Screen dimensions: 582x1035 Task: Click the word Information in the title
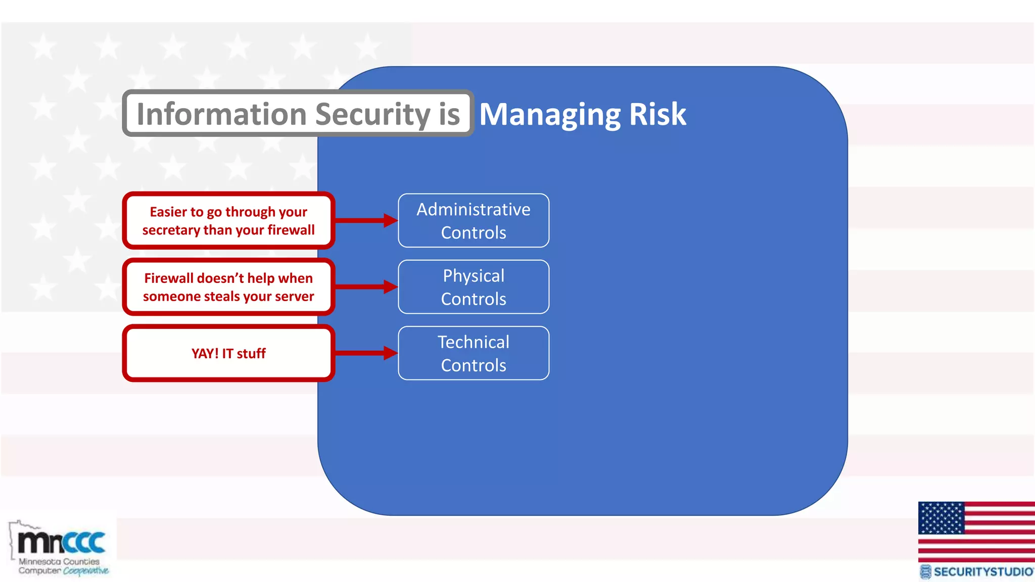click(x=221, y=114)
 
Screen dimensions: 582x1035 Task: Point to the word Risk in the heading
click(x=657, y=114)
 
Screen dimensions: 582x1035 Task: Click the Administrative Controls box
click(x=474, y=221)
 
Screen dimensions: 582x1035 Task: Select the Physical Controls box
click(x=474, y=287)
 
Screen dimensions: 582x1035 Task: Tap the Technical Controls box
click(x=474, y=353)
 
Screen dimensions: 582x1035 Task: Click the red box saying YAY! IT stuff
click(x=228, y=353)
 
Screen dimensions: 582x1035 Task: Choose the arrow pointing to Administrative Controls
click(x=367, y=220)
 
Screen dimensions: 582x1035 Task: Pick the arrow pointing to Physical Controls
click(x=367, y=287)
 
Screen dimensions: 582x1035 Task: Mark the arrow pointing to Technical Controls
click(x=367, y=353)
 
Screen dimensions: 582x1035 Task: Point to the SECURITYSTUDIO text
click(x=982, y=572)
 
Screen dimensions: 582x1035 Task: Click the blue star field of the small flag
click(x=941, y=518)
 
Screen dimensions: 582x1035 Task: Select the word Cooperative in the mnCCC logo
click(x=85, y=571)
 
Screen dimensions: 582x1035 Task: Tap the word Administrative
click(x=474, y=209)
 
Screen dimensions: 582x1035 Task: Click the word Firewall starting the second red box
click(x=169, y=278)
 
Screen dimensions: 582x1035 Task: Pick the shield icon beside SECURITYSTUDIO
click(x=925, y=572)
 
